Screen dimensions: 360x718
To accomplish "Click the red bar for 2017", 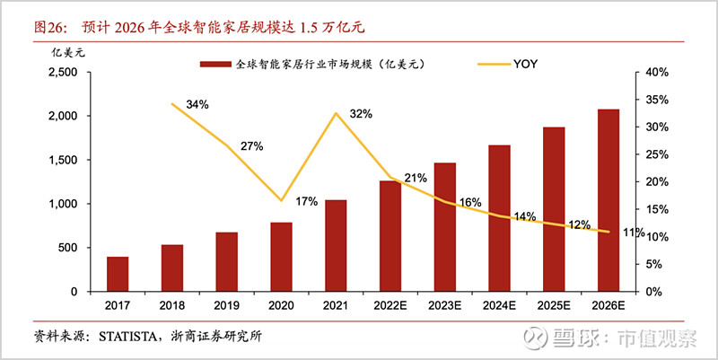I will point(118,274).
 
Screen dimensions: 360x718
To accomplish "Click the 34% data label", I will point(197,104).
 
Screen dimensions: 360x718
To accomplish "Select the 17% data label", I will point(306,201).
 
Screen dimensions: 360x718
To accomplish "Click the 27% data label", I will point(252,146).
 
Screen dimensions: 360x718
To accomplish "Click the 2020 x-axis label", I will point(281,305).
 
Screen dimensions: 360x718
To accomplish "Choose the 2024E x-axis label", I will point(499,305).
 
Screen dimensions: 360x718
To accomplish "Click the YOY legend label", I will point(528,64).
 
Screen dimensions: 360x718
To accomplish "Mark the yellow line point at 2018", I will point(171,104).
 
